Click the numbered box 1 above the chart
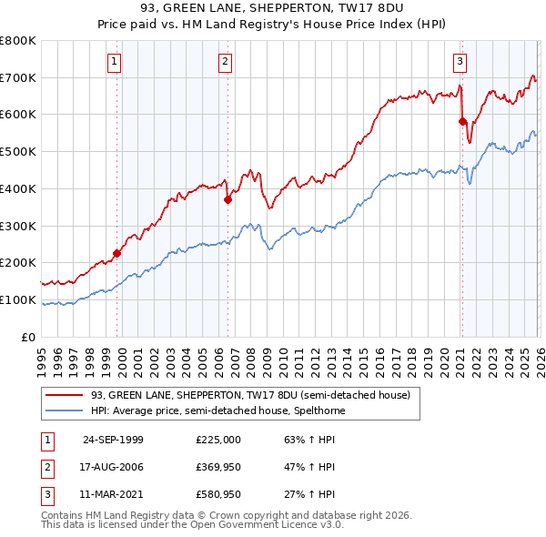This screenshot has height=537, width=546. coord(115,62)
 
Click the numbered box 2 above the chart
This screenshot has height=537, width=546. coord(225,62)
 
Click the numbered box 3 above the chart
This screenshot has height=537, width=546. coord(460,62)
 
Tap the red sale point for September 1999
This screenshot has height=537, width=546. coord(116,253)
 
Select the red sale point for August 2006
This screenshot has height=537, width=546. coord(227,200)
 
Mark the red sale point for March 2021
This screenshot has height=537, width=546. coord(462,121)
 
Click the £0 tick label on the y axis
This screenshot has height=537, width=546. coord(29,337)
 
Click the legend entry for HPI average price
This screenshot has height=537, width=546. coord(217,410)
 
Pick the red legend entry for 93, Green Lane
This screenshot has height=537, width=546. coord(250,395)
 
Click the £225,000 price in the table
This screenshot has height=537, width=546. coord(218,439)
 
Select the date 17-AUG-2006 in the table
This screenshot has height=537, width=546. coord(113,467)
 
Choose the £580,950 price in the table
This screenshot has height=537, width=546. coord(218,495)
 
